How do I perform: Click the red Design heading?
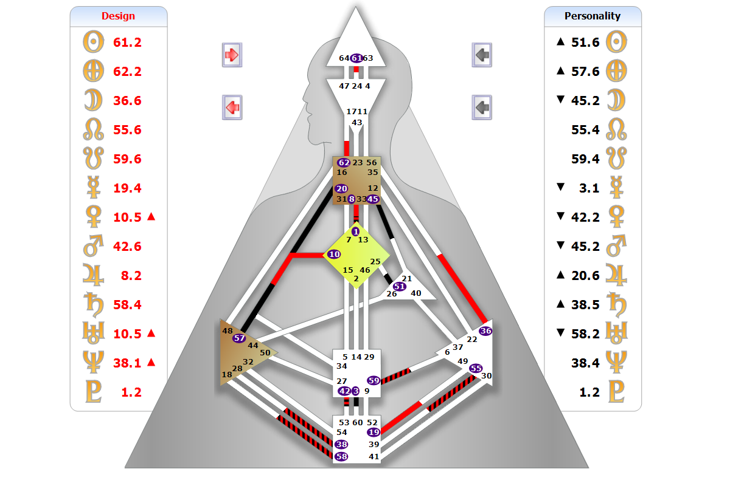tap(118, 16)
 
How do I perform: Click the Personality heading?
tap(592, 16)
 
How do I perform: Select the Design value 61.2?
tap(127, 43)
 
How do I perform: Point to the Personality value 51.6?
tap(585, 43)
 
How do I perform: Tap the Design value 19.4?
tap(127, 188)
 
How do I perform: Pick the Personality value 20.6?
tap(585, 276)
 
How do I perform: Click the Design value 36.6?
tap(127, 100)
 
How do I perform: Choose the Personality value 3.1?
tap(589, 188)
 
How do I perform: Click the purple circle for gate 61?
tap(356, 58)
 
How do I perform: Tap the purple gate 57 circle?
tap(239, 338)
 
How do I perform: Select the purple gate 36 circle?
tap(485, 331)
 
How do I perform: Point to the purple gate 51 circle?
tap(400, 286)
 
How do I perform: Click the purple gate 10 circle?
tap(334, 254)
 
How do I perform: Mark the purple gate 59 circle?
tap(374, 380)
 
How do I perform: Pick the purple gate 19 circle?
tap(374, 432)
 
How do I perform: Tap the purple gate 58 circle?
tap(341, 456)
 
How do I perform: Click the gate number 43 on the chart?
tap(357, 123)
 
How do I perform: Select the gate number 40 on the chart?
tap(416, 293)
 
